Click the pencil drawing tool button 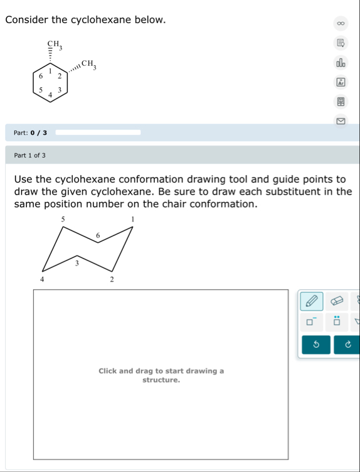click(x=312, y=301)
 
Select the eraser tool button click(x=337, y=301)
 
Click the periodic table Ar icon click(x=341, y=82)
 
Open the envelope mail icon click(x=341, y=121)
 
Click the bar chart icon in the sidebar click(x=341, y=63)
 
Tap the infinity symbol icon click(x=341, y=23)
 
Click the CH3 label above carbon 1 click(x=55, y=45)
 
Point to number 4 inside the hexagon click(x=50, y=95)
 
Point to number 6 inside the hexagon click(x=41, y=76)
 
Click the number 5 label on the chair click(x=63, y=220)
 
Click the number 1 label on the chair click(x=132, y=219)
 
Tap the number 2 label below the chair click(x=112, y=280)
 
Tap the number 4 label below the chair click(x=42, y=280)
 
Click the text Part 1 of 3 click(x=29, y=155)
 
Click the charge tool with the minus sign click(x=312, y=321)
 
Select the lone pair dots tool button click(x=337, y=321)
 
